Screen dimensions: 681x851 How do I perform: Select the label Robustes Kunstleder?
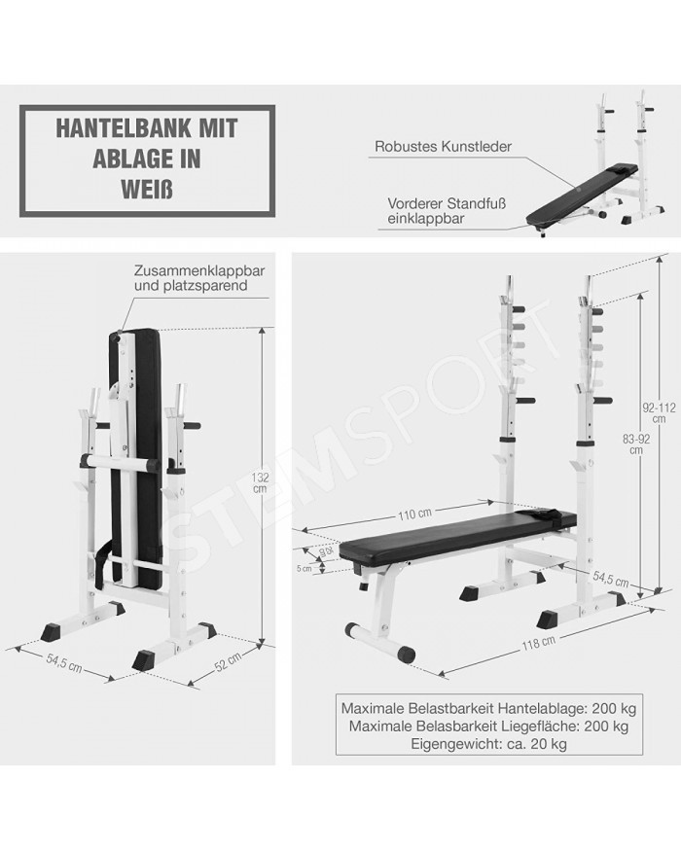(444, 147)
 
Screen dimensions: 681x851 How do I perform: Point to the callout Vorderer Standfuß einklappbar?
(447, 211)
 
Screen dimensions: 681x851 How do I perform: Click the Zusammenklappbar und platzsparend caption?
(199, 277)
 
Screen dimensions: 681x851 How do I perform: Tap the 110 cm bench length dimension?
(414, 514)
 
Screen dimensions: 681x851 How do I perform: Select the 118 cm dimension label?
(538, 643)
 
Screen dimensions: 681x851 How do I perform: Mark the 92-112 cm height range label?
(659, 412)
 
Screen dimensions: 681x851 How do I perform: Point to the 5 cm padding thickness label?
(305, 568)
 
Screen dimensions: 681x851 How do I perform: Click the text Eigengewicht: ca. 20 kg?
(488, 744)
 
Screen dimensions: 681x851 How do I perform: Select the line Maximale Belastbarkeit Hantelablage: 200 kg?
(488, 708)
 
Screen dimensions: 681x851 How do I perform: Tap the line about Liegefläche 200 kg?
(488, 726)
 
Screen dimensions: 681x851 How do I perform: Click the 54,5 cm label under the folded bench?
(64, 663)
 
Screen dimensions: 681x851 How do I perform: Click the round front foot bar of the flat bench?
(380, 642)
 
